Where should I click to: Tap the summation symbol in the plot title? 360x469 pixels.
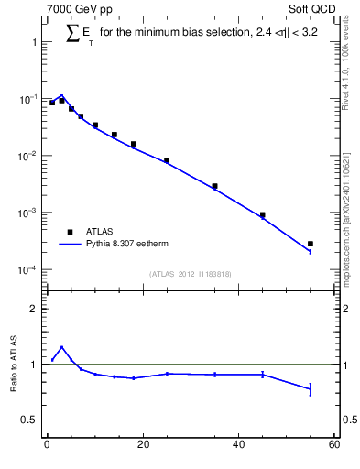click(73, 34)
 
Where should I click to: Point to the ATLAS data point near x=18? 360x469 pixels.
click(134, 144)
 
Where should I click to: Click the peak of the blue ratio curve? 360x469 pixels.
click(61, 347)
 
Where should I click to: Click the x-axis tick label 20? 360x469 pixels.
click(142, 445)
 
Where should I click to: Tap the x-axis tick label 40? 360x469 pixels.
click(238, 445)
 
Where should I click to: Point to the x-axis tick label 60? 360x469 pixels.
click(333, 445)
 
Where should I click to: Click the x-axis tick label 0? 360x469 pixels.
click(47, 445)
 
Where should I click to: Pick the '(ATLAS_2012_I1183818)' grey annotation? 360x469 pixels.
click(190, 274)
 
